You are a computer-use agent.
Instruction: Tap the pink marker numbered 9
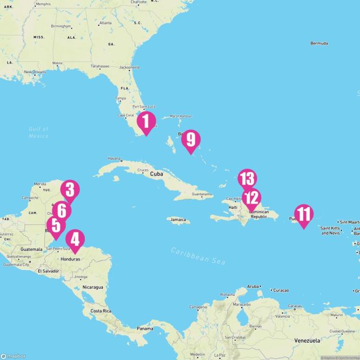tap(191, 140)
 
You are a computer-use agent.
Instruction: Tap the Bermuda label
tap(318, 43)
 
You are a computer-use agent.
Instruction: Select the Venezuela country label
tap(307, 341)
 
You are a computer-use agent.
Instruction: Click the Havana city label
tap(114, 159)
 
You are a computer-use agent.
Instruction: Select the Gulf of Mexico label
tap(39, 132)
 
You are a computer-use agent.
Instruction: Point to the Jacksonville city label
tap(129, 67)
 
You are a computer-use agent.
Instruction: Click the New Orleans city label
tap(35, 72)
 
